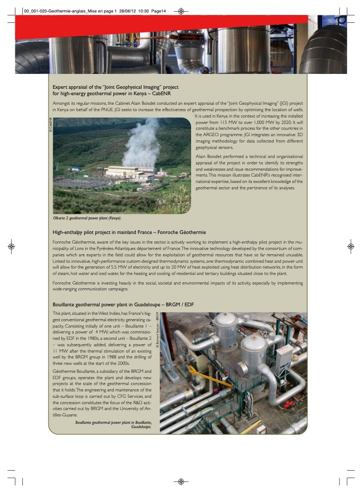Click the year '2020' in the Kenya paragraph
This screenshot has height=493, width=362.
click(x=289, y=123)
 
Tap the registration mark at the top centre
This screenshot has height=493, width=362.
click(x=181, y=11)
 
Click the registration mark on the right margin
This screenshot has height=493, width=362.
click(x=350, y=247)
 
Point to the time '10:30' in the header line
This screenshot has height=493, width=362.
click(x=129, y=11)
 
